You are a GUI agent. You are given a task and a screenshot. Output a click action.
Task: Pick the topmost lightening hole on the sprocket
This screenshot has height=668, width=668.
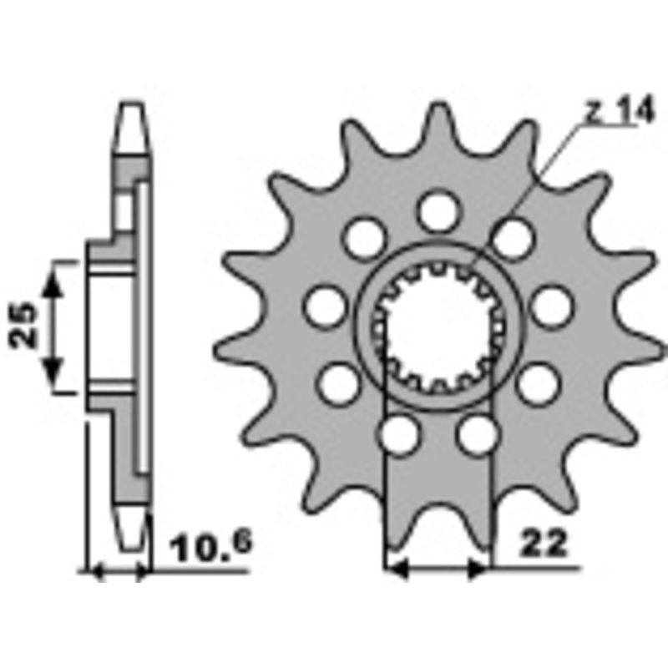point(438,210)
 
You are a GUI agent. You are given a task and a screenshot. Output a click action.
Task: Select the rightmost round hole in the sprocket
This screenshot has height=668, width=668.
point(552,307)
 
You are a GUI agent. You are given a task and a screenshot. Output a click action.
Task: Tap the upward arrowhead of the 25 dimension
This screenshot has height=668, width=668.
point(53,280)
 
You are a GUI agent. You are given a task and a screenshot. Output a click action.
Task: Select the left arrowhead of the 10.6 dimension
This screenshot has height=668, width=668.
point(94,571)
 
